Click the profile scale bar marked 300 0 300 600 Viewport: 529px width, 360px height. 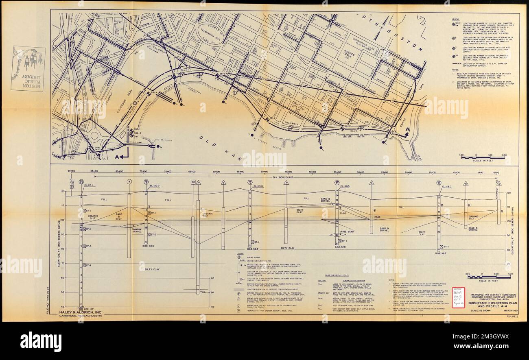(x=488, y=277)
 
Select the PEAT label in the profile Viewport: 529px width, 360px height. (x=377, y=217)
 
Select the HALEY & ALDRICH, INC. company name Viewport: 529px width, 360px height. (x=80, y=312)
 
